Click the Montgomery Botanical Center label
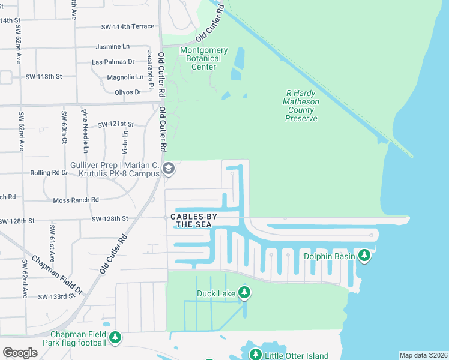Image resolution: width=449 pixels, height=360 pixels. pos(203,58)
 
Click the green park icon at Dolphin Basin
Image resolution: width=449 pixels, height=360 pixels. pos(364,257)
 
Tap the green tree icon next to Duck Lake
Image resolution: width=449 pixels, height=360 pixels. pos(244,293)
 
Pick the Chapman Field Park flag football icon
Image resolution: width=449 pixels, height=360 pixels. pos(115,338)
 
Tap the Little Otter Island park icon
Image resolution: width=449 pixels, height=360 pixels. pos(255,355)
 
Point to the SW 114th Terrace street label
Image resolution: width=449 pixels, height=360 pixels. pos(127,26)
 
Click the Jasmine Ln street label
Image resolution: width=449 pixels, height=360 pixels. pos(113,46)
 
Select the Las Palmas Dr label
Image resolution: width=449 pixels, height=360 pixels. pos(113,62)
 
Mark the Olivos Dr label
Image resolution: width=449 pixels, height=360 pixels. pos(128,92)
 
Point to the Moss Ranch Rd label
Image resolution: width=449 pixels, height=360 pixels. pos(76,200)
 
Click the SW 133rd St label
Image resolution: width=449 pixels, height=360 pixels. pos(59,296)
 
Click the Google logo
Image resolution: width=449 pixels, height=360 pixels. pos(20,353)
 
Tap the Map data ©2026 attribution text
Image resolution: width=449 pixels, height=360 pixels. pos(423,355)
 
